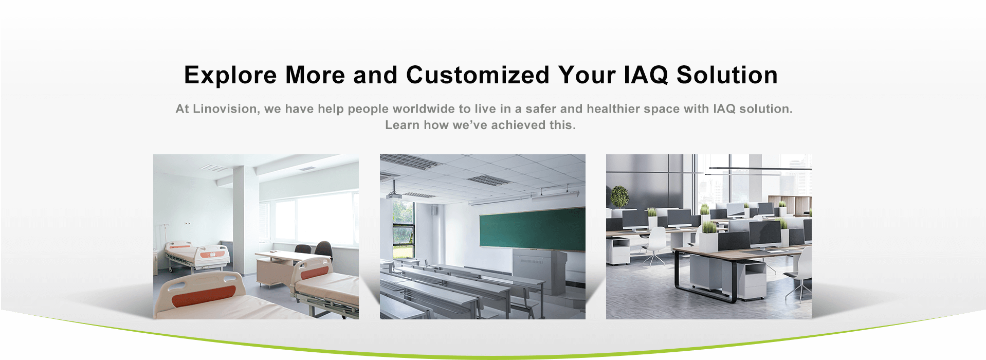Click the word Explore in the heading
(230, 76)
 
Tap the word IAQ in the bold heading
(646, 76)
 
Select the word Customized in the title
(478, 76)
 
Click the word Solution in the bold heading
(727, 76)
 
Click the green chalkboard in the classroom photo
(532, 229)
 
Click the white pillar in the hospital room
(245, 216)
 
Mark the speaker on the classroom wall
(435, 211)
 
